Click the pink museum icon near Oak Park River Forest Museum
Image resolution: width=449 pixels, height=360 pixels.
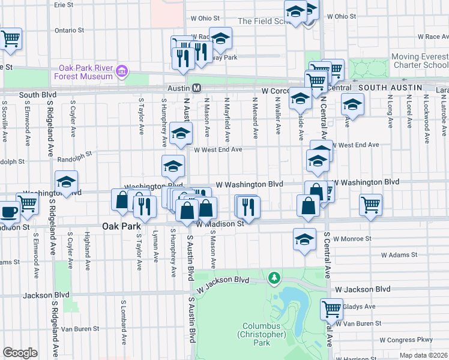click(x=122, y=72)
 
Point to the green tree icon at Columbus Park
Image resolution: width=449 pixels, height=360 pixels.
click(x=274, y=278)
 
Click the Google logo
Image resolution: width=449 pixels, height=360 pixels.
click(x=19, y=353)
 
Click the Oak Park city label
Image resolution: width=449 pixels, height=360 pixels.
click(x=121, y=227)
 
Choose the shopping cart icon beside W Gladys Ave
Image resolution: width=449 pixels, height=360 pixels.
click(x=331, y=308)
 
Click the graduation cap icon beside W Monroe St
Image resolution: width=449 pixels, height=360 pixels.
click(x=305, y=239)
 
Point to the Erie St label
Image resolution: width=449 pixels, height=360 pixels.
click(x=64, y=4)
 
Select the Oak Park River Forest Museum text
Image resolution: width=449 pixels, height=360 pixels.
click(x=86, y=72)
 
